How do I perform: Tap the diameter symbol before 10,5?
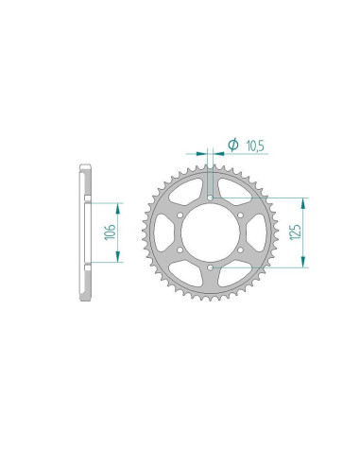pyautogui.click(x=232, y=145)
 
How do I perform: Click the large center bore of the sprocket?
pyautogui.click(x=208, y=233)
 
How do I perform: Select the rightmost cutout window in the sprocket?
pyautogui.click(x=258, y=233)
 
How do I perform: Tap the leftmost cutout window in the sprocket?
pyautogui.click(x=158, y=233)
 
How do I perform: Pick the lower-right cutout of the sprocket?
pyautogui.click(x=233, y=277)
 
